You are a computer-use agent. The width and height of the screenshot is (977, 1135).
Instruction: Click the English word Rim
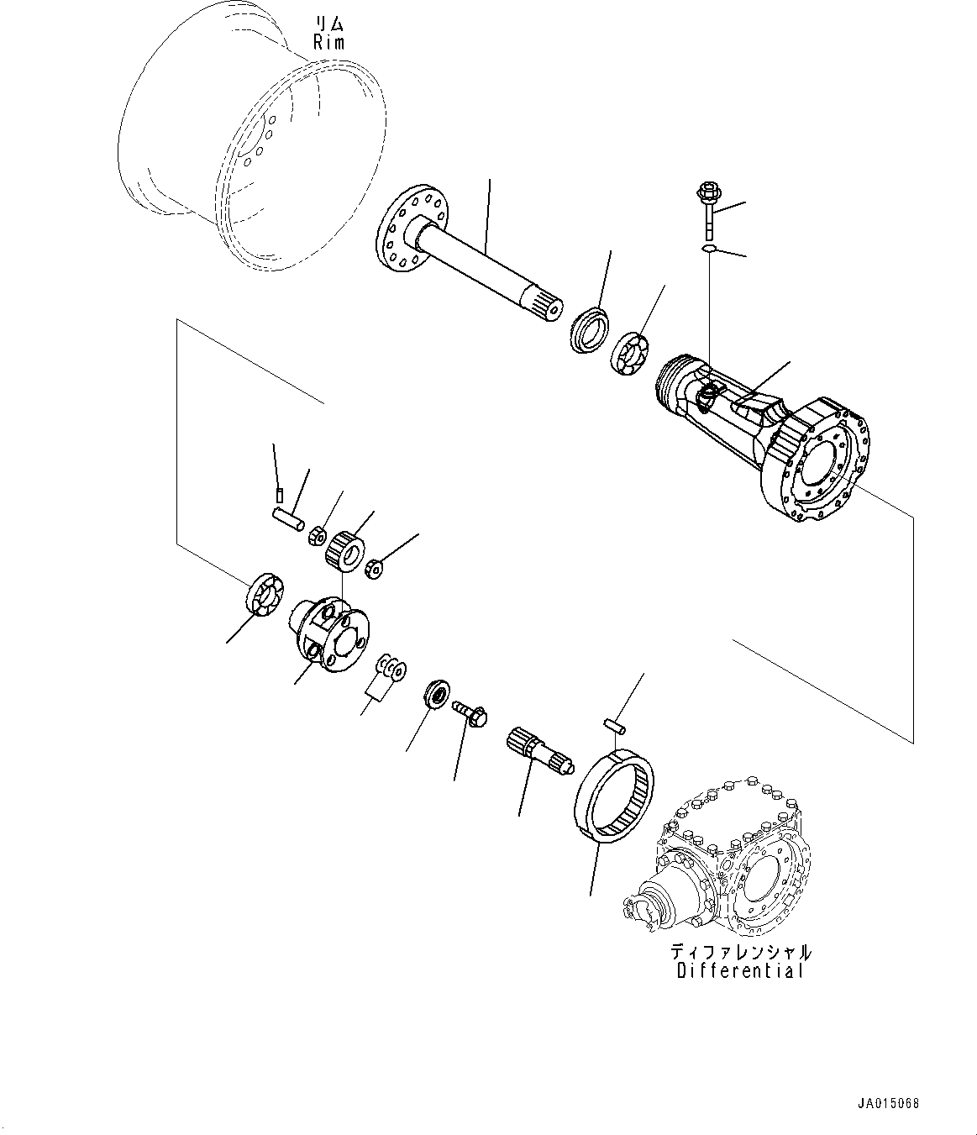pos(328,43)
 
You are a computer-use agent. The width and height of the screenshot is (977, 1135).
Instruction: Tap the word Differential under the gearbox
pos(740,971)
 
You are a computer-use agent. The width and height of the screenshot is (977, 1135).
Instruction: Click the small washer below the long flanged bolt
pos(708,249)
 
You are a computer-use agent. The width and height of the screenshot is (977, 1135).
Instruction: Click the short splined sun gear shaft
pos(538,750)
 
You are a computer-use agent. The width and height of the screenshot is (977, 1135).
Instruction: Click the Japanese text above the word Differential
pos(740,952)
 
